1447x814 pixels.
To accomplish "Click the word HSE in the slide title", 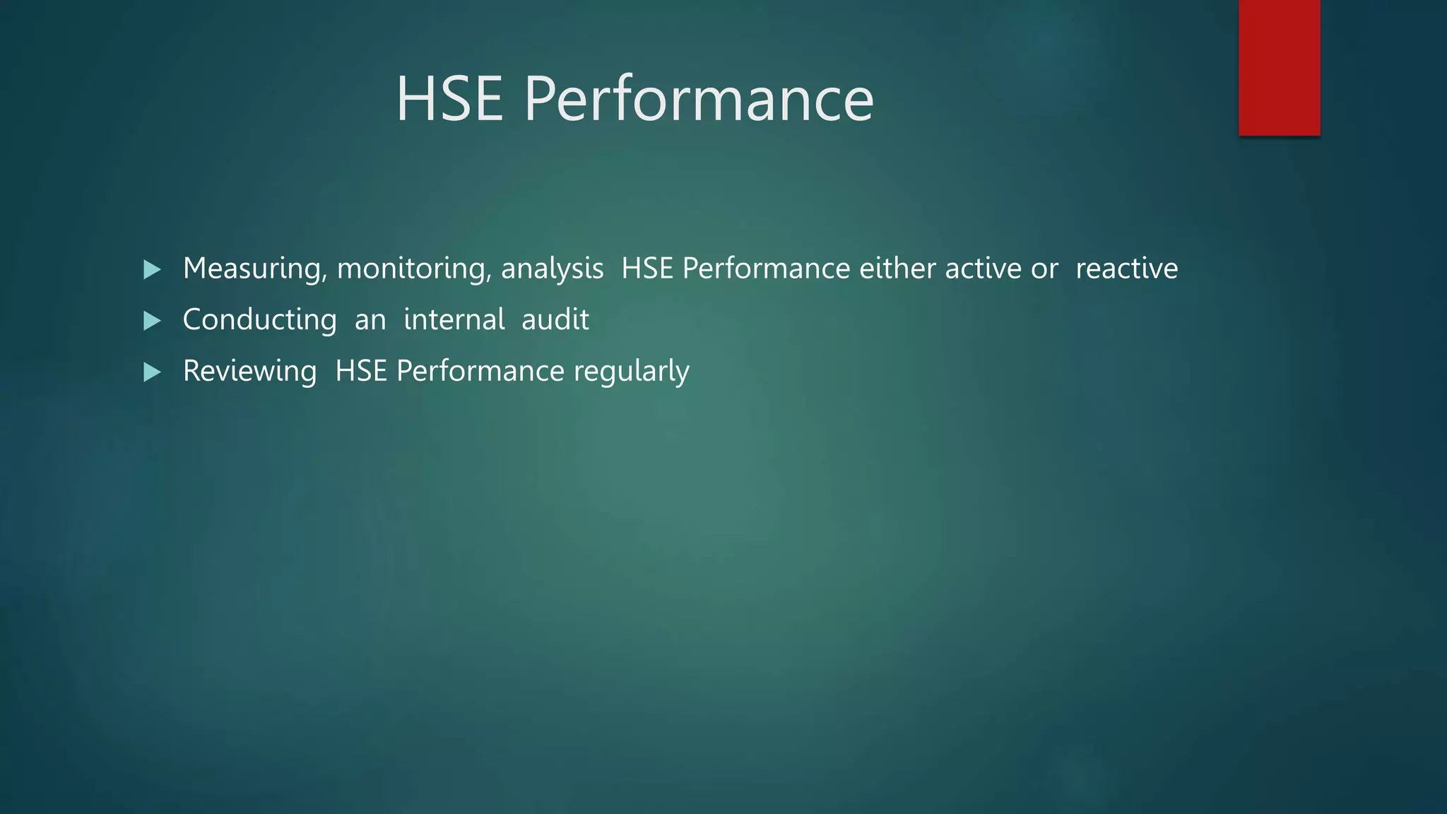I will point(449,99).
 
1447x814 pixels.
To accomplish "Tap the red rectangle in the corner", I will point(1279,67).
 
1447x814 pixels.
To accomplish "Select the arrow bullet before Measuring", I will point(152,269).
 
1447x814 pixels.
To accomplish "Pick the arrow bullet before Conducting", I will point(152,321).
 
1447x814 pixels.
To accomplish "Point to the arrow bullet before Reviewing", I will point(152,372).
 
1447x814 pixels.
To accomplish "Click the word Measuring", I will point(254,269).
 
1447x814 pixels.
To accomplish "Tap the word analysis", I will point(552,269).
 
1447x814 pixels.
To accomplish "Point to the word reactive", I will point(1126,269).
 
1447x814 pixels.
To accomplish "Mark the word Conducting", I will point(259,320).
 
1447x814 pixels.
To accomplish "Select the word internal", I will point(454,320).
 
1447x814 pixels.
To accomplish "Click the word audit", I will point(555,320).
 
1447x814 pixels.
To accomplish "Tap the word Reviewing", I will point(249,372).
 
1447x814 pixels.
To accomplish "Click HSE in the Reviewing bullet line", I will point(360,372).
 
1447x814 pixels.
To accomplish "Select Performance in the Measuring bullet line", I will point(766,269).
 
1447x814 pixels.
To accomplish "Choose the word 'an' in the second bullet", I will point(370,320).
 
